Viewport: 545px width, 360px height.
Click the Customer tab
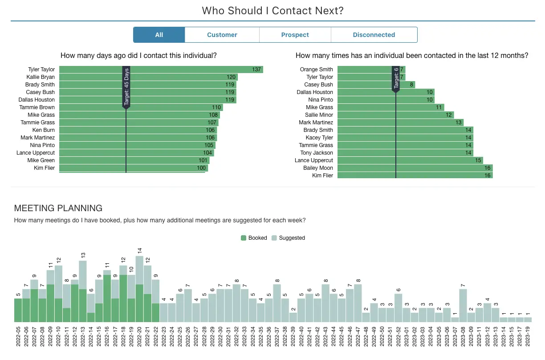[222, 35]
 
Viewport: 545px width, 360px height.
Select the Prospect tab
[295, 35]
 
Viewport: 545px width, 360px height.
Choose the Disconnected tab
[374, 35]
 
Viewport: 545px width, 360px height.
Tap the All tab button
[159, 35]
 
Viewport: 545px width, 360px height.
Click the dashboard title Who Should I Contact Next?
[272, 11]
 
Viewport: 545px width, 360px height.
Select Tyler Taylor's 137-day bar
[160, 70]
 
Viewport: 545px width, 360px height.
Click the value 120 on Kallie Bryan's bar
[231, 77]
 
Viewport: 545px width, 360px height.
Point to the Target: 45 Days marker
[126, 87]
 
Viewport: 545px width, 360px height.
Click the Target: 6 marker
[395, 78]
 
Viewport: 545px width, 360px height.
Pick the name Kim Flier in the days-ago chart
[45, 168]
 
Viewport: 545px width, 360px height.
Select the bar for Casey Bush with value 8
[376, 85]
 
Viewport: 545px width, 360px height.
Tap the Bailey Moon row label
[318, 168]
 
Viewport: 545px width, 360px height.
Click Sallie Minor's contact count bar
[395, 115]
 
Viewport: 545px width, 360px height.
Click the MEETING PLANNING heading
[58, 208]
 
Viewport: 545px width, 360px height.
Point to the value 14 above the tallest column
[139, 251]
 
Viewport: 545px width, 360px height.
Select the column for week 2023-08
[463, 306]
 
